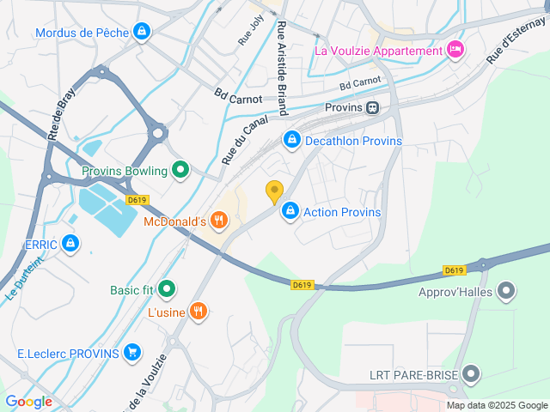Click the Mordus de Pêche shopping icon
(x=142, y=33)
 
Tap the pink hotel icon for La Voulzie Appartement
(x=455, y=50)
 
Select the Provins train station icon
(x=372, y=107)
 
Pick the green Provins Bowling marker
(x=180, y=170)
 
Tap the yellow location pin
(x=274, y=192)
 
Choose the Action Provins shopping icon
(x=291, y=211)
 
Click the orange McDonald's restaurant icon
(x=219, y=221)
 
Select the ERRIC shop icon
(x=71, y=245)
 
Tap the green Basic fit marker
(x=167, y=289)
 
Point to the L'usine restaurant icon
(x=199, y=312)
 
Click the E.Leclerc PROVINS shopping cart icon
(x=131, y=353)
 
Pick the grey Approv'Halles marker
(x=506, y=290)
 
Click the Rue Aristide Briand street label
(x=281, y=69)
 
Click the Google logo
(x=28, y=401)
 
